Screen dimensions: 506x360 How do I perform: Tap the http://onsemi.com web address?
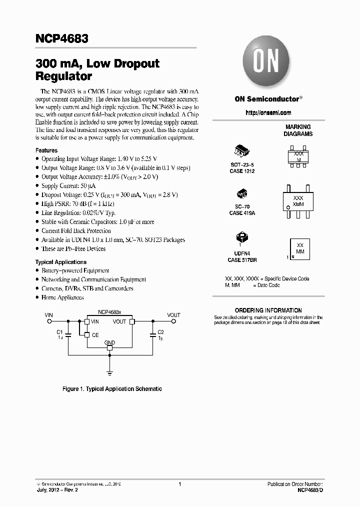(x=268, y=113)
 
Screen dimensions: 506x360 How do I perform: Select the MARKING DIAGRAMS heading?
(x=298, y=130)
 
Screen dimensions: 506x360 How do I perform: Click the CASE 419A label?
(x=242, y=213)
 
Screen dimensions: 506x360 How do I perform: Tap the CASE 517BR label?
(x=242, y=260)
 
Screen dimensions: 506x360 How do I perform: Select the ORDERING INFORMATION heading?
(x=268, y=310)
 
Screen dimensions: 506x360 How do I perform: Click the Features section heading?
(x=46, y=150)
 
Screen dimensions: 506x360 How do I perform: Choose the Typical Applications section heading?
(x=60, y=262)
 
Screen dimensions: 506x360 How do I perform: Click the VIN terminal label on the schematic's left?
(x=49, y=315)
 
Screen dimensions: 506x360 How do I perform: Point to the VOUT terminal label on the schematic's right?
(x=174, y=315)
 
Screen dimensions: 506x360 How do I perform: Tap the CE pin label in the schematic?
(x=95, y=334)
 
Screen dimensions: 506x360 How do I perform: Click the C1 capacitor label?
(x=59, y=332)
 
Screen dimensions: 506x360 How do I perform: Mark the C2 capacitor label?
(x=161, y=332)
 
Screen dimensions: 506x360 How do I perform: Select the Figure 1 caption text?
(x=112, y=389)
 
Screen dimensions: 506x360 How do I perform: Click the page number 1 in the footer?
(x=179, y=484)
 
